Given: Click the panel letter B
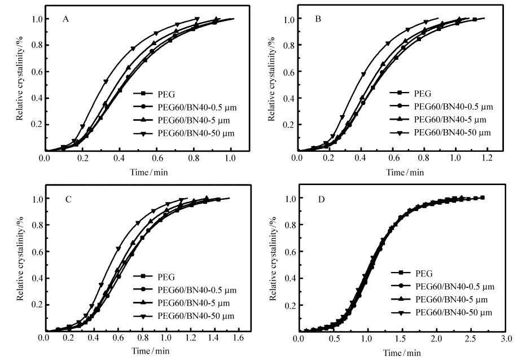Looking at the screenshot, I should [x=318, y=19].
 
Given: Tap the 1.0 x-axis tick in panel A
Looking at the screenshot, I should [x=230, y=157].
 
